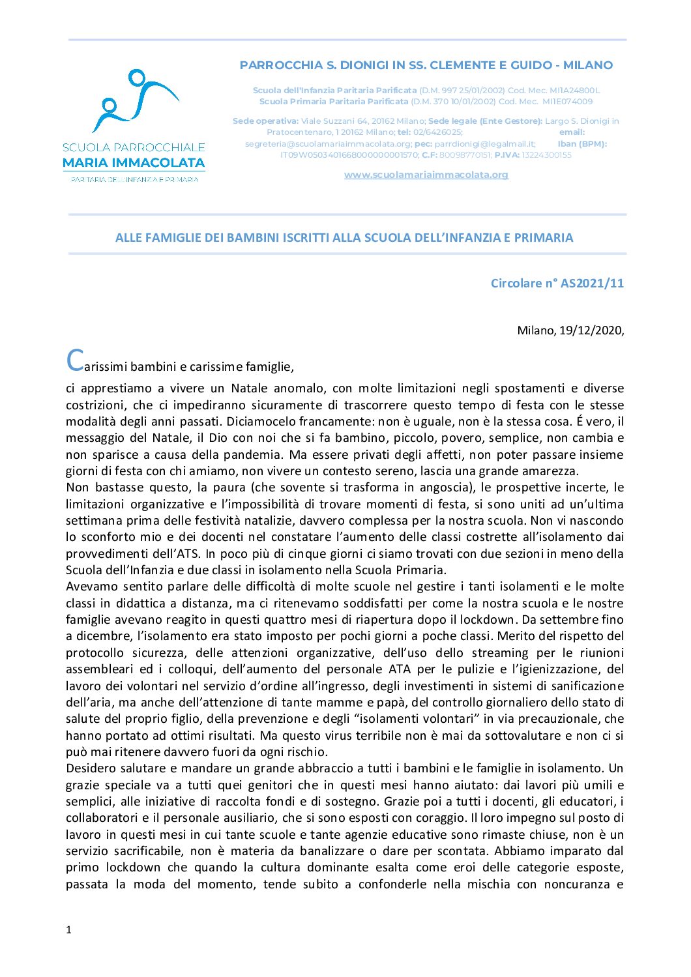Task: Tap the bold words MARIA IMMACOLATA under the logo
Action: click(134, 163)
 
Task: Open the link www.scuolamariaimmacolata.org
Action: click(426, 175)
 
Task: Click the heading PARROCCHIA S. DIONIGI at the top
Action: click(426, 65)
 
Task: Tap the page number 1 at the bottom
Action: click(68, 929)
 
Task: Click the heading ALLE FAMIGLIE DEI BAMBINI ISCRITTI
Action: click(344, 238)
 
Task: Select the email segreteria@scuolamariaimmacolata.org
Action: click(328, 144)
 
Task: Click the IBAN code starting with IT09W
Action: click(349, 155)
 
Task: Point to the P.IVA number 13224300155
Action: click(546, 155)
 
